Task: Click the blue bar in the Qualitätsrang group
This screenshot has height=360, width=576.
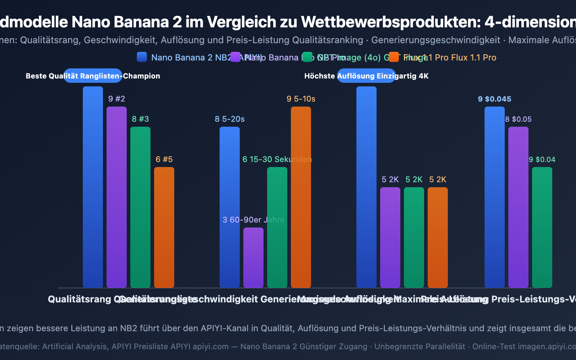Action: point(93,187)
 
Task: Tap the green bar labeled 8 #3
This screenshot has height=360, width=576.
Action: point(140,207)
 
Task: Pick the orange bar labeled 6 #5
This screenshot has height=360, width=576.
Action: point(164,227)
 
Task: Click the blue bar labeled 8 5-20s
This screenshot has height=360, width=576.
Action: point(230,207)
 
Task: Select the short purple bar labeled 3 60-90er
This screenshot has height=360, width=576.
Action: point(253,257)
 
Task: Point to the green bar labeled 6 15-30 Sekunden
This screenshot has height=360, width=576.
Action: point(277,227)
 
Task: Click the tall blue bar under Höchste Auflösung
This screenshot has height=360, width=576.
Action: point(366,187)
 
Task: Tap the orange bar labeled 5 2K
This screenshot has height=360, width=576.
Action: point(438,237)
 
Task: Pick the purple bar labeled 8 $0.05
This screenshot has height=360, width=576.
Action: point(518,207)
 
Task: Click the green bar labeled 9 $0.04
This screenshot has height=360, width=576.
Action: point(542,227)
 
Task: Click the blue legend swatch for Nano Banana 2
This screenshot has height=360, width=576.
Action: point(142,57)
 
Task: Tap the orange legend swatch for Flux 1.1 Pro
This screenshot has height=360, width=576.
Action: point(394,57)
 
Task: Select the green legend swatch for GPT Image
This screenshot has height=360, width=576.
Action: point(307,57)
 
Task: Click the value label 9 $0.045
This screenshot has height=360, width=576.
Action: point(495,99)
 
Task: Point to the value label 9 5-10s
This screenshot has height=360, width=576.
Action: point(301,99)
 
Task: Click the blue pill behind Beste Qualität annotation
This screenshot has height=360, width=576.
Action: point(93,76)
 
